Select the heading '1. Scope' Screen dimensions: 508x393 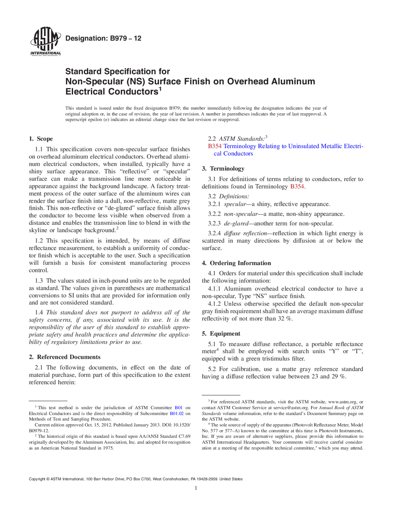pos(41,139)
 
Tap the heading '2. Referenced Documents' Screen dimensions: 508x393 pos(64,357)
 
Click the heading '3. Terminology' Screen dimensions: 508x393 pos(223,168)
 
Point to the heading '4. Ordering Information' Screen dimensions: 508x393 pos(236,263)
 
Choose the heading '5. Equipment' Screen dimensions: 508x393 pos(221,333)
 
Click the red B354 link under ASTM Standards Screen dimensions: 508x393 pos(215,146)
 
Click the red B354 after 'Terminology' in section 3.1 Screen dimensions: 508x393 pos(297,187)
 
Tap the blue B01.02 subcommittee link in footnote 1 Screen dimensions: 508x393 pos(177,414)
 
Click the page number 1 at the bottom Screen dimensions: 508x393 pos(196,488)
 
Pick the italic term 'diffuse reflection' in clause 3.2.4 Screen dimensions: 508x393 pos(245,233)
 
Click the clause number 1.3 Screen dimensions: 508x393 pos(39,280)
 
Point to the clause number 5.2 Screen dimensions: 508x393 pos(212,369)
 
